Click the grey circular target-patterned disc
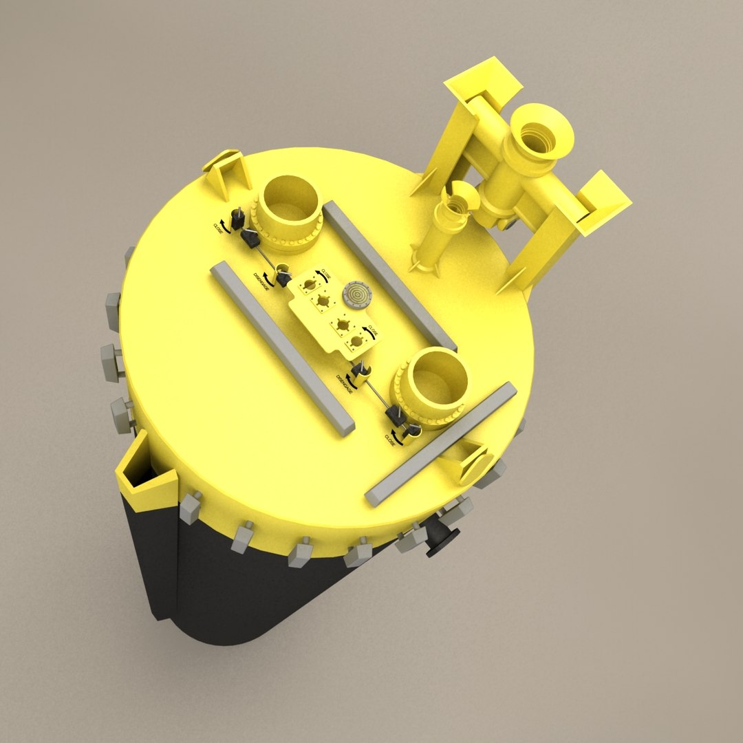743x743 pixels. point(356,294)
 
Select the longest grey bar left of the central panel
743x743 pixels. point(282,347)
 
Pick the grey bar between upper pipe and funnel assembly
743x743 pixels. point(389,275)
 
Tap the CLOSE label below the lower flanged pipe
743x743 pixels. point(391,439)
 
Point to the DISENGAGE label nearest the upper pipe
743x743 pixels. point(262,279)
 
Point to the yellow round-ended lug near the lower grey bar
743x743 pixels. point(475,464)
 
